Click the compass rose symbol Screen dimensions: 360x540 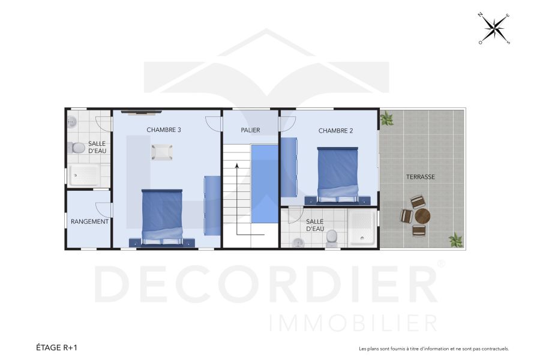[494, 28]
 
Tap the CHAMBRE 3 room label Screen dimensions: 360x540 [164, 130]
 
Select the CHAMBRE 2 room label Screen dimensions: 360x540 [335, 131]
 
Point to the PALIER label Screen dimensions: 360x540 [250, 130]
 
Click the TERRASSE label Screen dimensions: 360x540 [420, 177]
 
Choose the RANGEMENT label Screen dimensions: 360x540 [89, 221]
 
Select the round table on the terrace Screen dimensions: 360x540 [422, 215]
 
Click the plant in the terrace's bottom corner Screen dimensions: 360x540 [456, 239]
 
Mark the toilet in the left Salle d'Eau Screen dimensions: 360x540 [77, 148]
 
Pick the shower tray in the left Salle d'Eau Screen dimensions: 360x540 [84, 175]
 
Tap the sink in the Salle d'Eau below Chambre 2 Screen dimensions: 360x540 [298, 243]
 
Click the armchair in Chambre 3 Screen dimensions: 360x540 [162, 153]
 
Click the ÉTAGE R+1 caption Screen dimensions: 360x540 [57, 347]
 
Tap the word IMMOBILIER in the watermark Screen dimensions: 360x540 [353, 323]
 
